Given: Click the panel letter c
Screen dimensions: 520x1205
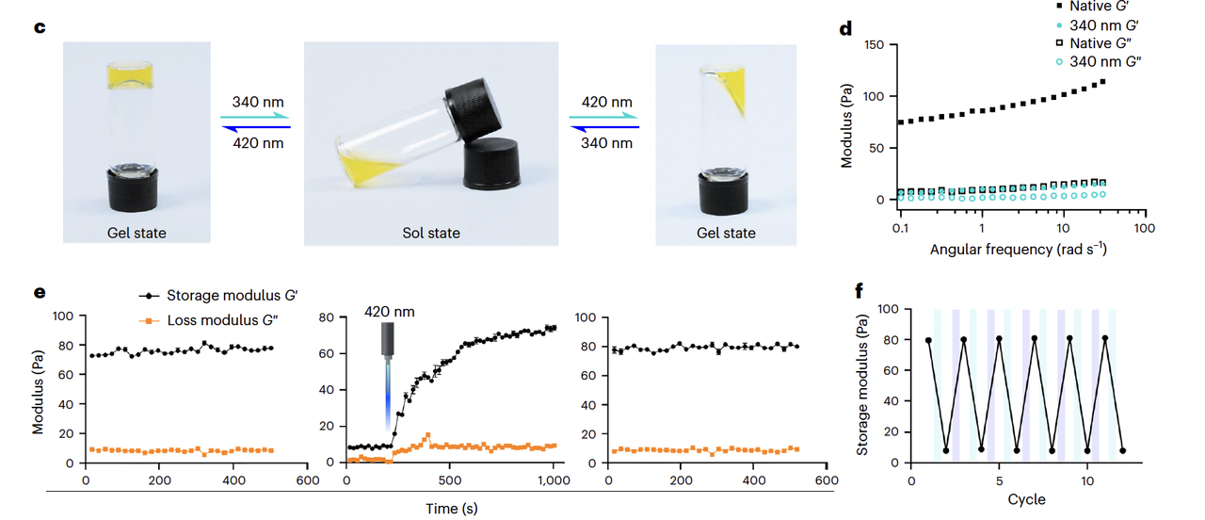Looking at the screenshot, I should click(x=40, y=26).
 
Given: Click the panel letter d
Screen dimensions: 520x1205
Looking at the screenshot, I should click(x=846, y=28).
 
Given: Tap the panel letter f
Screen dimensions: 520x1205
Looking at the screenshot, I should click(x=860, y=289).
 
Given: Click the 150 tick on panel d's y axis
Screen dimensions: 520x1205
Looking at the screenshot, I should click(x=874, y=45).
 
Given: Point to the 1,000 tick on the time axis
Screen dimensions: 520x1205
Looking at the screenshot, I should click(x=554, y=480).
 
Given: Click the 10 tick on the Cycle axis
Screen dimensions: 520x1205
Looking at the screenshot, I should click(x=1086, y=480).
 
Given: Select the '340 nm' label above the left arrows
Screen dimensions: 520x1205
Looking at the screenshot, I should click(x=258, y=102).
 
